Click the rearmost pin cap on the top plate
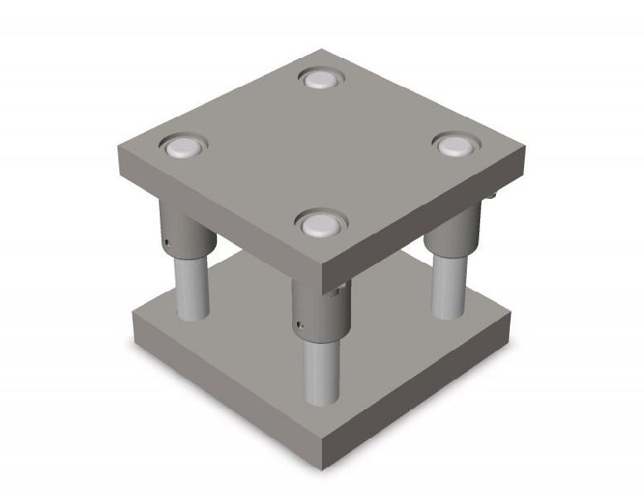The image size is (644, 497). coord(321,79)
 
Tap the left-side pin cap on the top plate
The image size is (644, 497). coord(182,148)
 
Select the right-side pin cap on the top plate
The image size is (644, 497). coord(454,146)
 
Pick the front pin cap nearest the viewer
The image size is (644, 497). coord(320,223)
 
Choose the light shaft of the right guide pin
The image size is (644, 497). coord(448,286)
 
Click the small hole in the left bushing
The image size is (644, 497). coord(166,243)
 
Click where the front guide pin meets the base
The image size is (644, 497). coord(321,403)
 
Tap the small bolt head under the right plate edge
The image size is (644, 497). coord(492,195)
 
